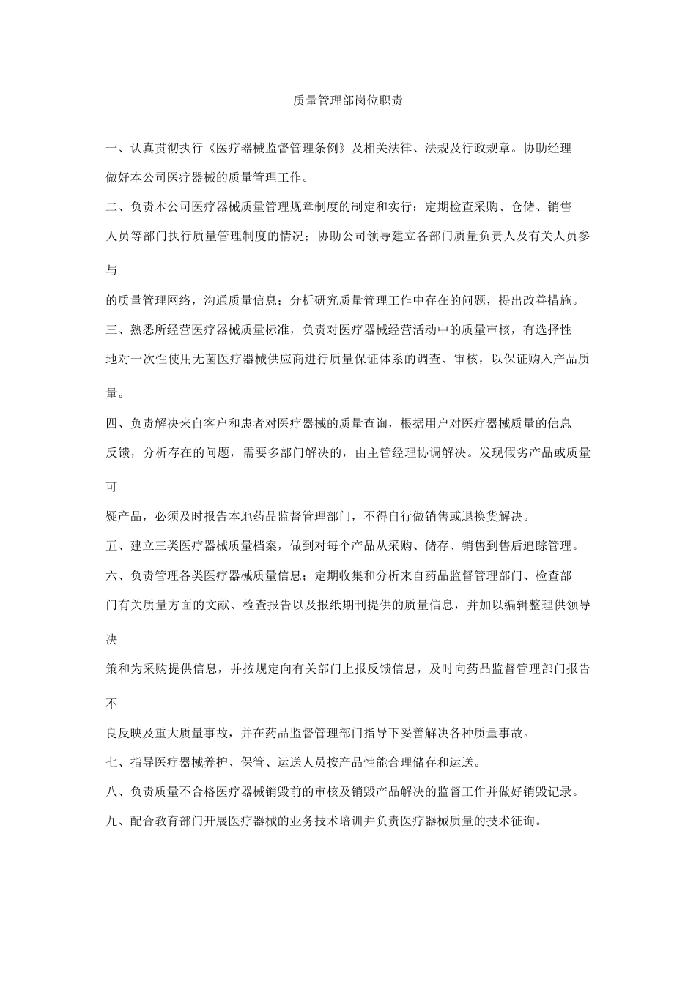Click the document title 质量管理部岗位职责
tap(347, 102)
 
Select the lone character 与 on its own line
tap(111, 270)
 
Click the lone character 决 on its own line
tap(111, 639)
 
